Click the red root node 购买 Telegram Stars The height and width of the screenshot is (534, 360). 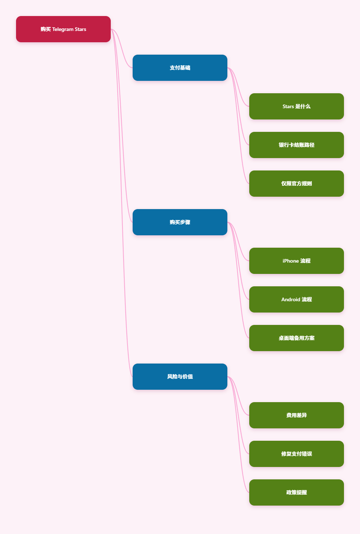(63, 29)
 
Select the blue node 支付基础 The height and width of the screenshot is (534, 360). (180, 68)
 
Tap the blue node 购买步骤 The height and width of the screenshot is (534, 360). (180, 222)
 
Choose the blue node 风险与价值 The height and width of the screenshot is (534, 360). (180, 377)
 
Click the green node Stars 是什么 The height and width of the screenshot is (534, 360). (296, 106)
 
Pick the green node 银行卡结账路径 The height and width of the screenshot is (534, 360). (296, 145)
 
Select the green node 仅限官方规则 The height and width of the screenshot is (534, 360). (296, 184)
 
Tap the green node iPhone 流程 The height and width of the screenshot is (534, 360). (296, 261)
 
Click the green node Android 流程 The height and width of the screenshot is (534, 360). (296, 299)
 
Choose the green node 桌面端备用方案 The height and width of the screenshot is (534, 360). (296, 338)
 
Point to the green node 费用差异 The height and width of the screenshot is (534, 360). (296, 415)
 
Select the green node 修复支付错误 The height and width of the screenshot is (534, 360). (296, 454)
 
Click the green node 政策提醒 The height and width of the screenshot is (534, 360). (296, 492)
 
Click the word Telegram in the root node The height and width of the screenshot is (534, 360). (63, 29)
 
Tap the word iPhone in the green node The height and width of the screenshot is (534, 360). (291, 261)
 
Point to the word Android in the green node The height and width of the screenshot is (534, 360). (291, 299)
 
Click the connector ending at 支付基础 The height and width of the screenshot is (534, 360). (122, 48)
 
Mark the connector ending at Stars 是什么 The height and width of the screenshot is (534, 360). (238, 87)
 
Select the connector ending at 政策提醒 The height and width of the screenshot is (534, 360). (238, 435)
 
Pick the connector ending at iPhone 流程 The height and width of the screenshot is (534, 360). (238, 242)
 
